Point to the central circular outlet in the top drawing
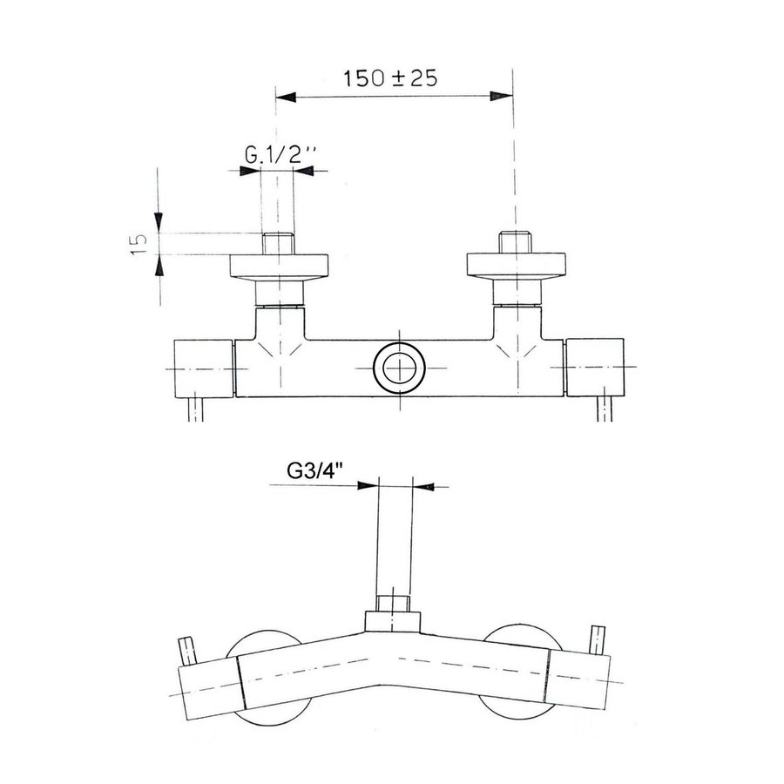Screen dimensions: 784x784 click(399, 368)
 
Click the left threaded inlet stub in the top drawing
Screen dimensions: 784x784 click(279, 244)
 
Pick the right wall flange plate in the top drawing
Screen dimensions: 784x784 click(517, 265)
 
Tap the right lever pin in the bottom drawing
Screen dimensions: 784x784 click(598, 639)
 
